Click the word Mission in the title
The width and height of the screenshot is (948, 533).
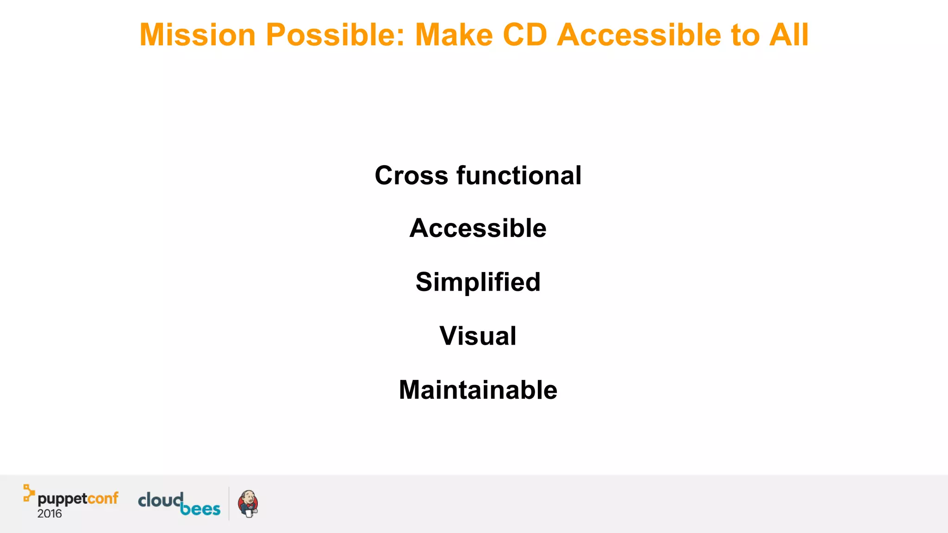point(197,35)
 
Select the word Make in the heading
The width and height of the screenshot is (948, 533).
point(454,35)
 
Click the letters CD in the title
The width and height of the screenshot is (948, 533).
point(525,35)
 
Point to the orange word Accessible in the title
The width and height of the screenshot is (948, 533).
point(639,35)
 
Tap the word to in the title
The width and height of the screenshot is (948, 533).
point(745,35)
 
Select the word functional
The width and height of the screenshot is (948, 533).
point(519,176)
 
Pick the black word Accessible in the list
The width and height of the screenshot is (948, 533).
point(478,229)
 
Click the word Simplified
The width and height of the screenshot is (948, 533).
point(478,282)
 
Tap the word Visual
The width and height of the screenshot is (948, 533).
point(478,336)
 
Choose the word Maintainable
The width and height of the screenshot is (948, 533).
point(478,390)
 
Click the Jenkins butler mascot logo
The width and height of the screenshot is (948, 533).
point(248,504)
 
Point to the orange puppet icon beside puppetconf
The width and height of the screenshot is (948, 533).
point(29,493)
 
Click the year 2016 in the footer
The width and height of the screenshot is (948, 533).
point(50,514)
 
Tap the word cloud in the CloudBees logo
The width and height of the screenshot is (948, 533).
point(160,500)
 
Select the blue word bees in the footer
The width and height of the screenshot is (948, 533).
point(200,509)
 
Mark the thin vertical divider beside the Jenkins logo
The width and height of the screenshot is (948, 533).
point(229,503)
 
